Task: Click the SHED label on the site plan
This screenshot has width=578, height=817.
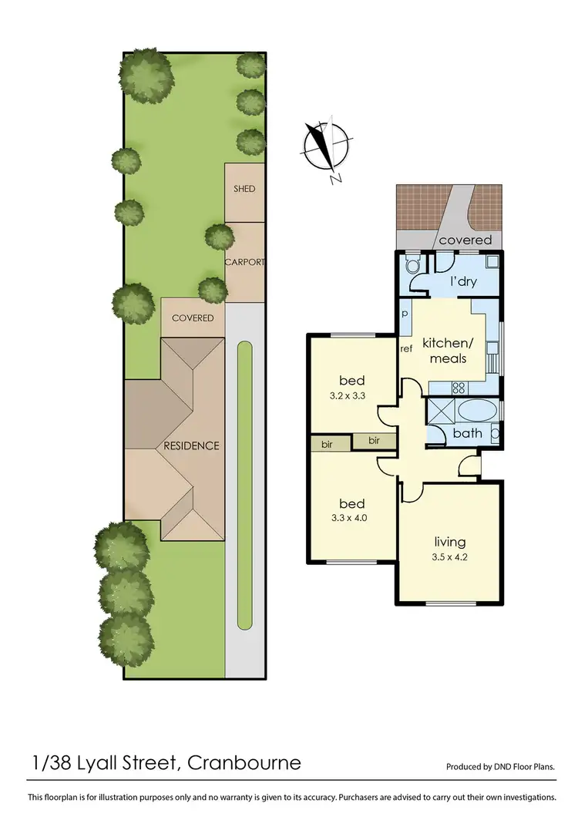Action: pos(244,189)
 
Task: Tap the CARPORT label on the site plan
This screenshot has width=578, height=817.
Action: pos(245,262)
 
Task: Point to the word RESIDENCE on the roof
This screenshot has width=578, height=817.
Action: pos(191,445)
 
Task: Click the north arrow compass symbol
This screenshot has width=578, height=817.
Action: pos(327,147)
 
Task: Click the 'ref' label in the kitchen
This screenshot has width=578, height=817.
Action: pos(407,348)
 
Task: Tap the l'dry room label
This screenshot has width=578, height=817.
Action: pos(463,282)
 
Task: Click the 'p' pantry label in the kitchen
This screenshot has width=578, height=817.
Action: pos(405,314)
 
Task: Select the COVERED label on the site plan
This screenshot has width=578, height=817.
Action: pos(193,318)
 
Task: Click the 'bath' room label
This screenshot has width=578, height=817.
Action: pos(467,433)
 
